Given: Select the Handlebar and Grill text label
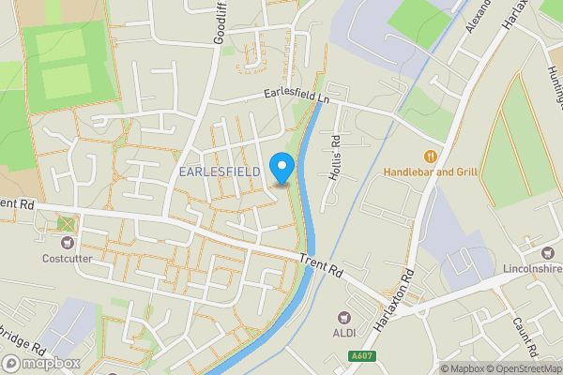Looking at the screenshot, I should [x=431, y=172].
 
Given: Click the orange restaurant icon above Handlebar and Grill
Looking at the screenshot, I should [x=431, y=156].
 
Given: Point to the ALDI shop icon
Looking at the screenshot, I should [x=342, y=317].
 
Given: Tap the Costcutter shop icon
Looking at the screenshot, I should [x=65, y=241].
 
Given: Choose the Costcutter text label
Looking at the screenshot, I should [x=66, y=258].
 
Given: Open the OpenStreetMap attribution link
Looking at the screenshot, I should [x=522, y=368].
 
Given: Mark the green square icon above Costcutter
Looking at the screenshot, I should [x=65, y=223].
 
